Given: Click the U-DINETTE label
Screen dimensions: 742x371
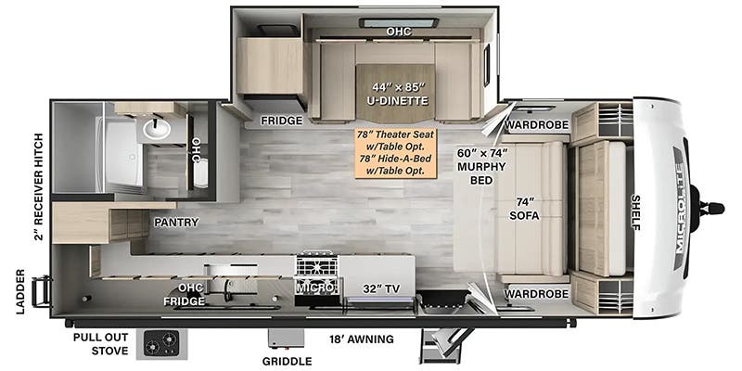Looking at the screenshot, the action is point(396,101).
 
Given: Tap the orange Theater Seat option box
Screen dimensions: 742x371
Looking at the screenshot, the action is point(396,153).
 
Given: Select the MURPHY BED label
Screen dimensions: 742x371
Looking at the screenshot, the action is point(481,167).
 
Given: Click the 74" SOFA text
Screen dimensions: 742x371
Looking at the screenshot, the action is point(524,210).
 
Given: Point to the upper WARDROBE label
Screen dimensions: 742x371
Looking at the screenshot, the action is point(537,125).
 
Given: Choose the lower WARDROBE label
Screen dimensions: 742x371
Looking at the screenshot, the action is point(537,294).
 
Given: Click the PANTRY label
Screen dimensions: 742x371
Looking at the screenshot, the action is point(175,223).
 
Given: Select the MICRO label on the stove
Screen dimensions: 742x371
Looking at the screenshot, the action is point(316,288).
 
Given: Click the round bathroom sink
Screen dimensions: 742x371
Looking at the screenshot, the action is point(157,129).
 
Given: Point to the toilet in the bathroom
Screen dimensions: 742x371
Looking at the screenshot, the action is point(201,173).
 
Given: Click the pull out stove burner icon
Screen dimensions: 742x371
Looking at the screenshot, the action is point(161,344).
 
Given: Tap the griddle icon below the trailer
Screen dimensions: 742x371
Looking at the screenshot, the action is point(287,339).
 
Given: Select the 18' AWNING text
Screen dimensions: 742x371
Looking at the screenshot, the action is point(362,339).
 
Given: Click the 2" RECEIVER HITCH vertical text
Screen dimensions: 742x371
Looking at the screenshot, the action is point(39,187).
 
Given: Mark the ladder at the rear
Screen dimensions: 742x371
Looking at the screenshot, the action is point(42,291).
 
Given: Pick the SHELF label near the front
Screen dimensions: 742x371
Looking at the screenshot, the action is point(635,212).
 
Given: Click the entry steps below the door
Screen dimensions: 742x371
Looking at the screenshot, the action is point(441,344).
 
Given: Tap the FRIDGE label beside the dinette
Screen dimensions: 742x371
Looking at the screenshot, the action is point(282,122).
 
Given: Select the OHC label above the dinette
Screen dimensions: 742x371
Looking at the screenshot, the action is point(399,32).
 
